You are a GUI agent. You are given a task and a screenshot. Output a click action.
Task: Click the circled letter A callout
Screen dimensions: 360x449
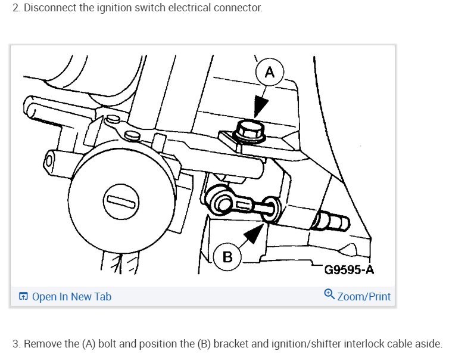pyautogui.click(x=269, y=73)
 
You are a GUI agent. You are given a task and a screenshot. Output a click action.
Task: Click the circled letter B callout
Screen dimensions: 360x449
pyautogui.click(x=227, y=257)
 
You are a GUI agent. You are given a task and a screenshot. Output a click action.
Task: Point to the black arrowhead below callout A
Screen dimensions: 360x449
pyautogui.click(x=260, y=107)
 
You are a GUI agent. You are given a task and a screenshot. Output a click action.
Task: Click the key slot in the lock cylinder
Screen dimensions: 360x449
pyautogui.click(x=121, y=202)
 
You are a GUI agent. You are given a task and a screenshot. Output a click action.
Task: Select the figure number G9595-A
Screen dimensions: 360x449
pyautogui.click(x=349, y=271)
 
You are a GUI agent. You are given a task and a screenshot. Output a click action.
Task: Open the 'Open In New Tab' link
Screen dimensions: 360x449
pyautogui.click(x=71, y=296)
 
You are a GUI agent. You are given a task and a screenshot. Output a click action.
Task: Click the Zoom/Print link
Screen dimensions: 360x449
pyautogui.click(x=364, y=296)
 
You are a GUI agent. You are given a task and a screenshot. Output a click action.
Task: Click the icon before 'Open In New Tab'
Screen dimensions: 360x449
pyautogui.click(x=23, y=296)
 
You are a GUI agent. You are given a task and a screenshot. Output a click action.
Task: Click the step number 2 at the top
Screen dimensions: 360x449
pyautogui.click(x=15, y=9)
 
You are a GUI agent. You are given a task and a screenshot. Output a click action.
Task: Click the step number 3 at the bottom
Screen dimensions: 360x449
pyautogui.click(x=15, y=344)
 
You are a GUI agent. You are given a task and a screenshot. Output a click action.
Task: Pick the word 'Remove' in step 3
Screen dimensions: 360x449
pyautogui.click(x=42, y=344)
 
